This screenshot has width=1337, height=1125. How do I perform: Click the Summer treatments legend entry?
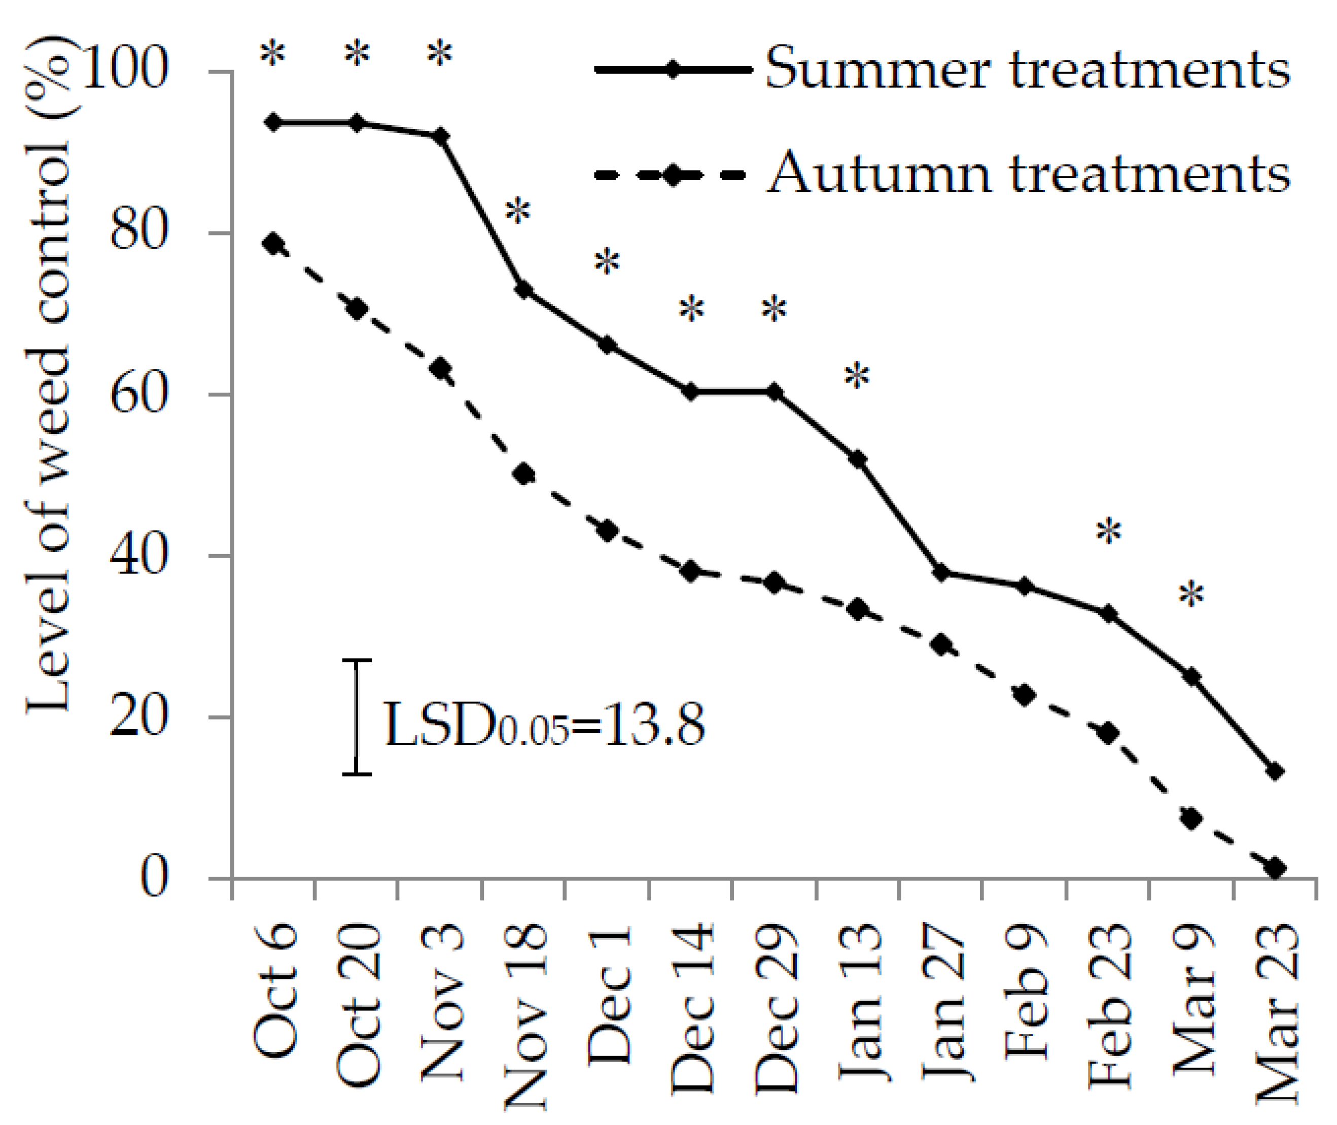coord(1027,69)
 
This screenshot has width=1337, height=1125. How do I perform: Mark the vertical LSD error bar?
coord(357,717)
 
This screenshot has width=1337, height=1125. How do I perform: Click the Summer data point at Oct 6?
coord(273,122)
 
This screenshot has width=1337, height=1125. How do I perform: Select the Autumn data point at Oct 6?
coord(273,244)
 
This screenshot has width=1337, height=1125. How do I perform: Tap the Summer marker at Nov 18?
coord(523,290)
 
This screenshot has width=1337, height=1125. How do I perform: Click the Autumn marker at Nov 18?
coord(523,474)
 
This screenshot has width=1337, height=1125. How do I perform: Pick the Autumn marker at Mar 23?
coord(1275,868)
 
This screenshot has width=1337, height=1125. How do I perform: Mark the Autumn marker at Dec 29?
coord(775,582)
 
